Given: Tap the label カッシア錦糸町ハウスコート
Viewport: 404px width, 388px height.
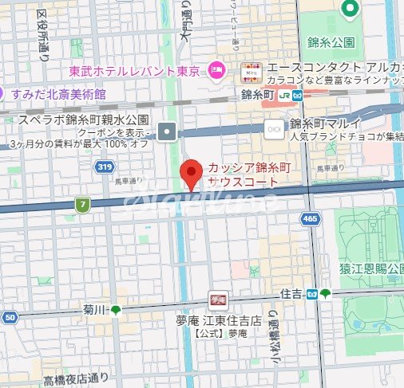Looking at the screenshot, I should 244,174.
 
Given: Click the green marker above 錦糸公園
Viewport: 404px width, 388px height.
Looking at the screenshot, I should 349,9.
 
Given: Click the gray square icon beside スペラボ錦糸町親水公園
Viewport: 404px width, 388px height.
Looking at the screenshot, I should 167,131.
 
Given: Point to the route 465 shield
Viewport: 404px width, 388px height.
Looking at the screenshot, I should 311,218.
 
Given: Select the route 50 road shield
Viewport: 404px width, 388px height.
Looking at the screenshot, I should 10,318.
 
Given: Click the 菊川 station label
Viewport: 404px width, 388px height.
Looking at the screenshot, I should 94,310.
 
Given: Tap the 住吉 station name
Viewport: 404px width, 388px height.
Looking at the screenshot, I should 291,294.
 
